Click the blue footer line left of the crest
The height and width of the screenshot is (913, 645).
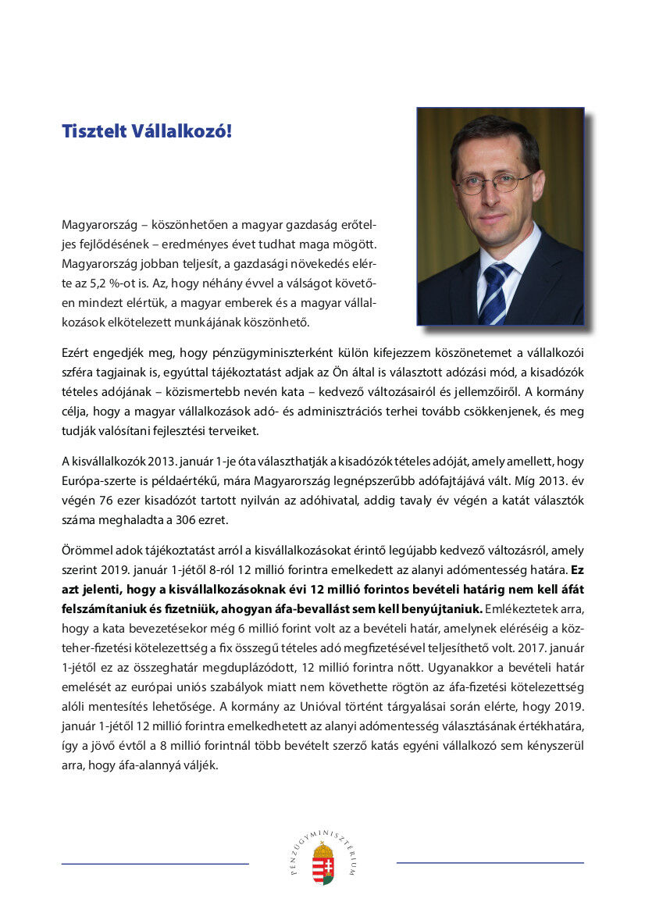pyautogui.click(x=155, y=864)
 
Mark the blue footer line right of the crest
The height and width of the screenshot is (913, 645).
pyautogui.click(x=490, y=862)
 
